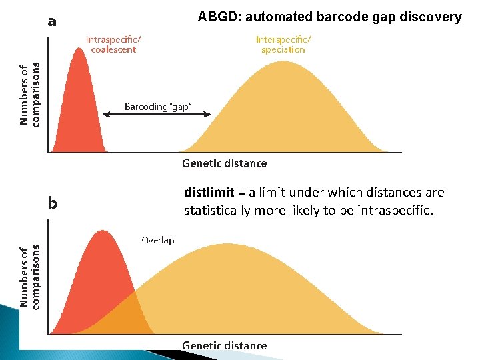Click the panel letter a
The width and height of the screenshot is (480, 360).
(52, 21)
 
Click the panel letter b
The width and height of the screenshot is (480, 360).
(53, 203)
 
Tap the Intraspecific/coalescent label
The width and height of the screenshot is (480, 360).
(113, 44)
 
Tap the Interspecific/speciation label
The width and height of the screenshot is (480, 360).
(283, 44)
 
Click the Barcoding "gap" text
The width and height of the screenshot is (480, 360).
(158, 107)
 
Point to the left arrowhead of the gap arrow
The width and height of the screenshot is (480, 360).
(105, 115)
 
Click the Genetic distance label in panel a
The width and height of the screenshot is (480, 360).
(224, 163)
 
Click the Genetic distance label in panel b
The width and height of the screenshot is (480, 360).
(224, 345)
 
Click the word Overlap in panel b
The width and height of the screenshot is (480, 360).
(157, 240)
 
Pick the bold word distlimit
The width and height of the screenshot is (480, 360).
(209, 193)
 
